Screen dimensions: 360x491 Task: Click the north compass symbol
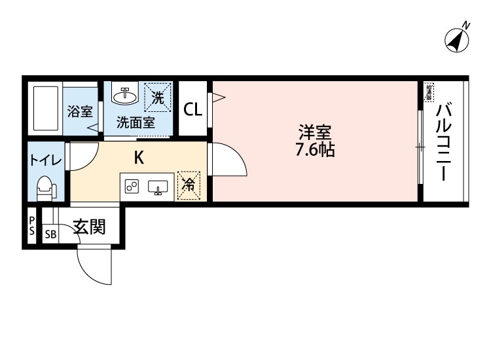tap(458, 39)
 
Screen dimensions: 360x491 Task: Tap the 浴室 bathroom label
tap(80, 111)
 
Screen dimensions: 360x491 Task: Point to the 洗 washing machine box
tap(158, 98)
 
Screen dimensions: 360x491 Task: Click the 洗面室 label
tap(136, 122)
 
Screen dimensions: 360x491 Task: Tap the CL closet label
tap(192, 109)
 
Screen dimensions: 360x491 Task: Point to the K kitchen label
tap(139, 158)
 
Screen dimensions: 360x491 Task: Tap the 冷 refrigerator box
tap(187, 185)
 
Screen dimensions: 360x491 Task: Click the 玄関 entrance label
tap(89, 228)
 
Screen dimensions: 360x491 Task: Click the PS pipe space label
tap(31, 226)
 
